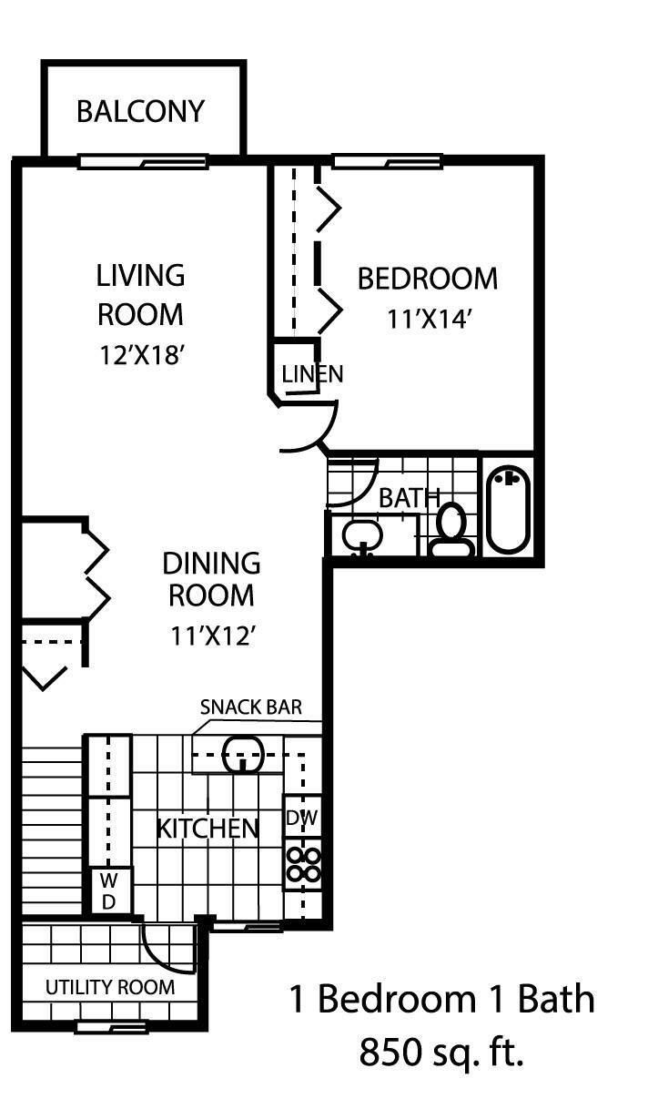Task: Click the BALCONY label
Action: pyautogui.click(x=141, y=111)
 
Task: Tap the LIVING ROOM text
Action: pyautogui.click(x=140, y=294)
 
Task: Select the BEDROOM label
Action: pyautogui.click(x=427, y=279)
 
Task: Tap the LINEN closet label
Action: pyautogui.click(x=311, y=373)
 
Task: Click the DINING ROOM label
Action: pyautogui.click(x=211, y=579)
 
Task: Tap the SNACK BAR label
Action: pyautogui.click(x=250, y=707)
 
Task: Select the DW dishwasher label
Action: pyautogui.click(x=302, y=818)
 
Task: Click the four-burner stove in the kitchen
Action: pyautogui.click(x=303, y=864)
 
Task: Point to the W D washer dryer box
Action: pyautogui.click(x=108, y=890)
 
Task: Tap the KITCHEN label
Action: pyautogui.click(x=208, y=829)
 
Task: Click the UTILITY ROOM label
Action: pyautogui.click(x=109, y=987)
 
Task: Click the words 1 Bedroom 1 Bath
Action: pyautogui.click(x=441, y=999)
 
